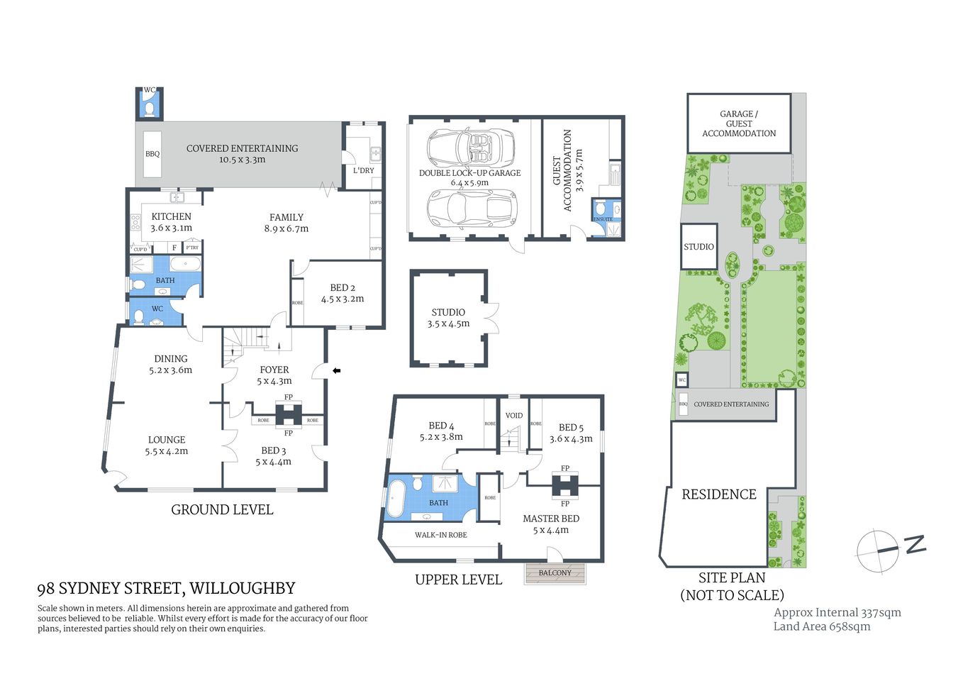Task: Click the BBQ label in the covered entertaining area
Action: pos(152,154)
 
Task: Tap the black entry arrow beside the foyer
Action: pos(337,370)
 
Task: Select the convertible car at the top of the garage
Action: pos(470,148)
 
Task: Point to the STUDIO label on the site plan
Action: pos(698,247)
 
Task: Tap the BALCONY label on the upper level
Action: pos(555,572)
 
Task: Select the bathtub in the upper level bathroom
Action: pos(396,499)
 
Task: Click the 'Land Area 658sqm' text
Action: pos(821,626)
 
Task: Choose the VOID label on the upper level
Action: pos(514,416)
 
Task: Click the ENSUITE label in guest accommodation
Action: pos(603,219)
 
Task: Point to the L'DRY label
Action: pos(364,170)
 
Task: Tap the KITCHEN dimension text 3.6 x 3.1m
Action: pos(171,228)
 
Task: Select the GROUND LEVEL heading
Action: pos(222,509)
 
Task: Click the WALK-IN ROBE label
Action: pos(440,535)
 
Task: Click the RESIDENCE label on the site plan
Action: pos(719,494)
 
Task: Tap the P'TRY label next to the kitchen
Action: pos(192,248)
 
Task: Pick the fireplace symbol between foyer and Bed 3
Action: pos(289,414)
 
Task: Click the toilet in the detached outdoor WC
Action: pos(149,109)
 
